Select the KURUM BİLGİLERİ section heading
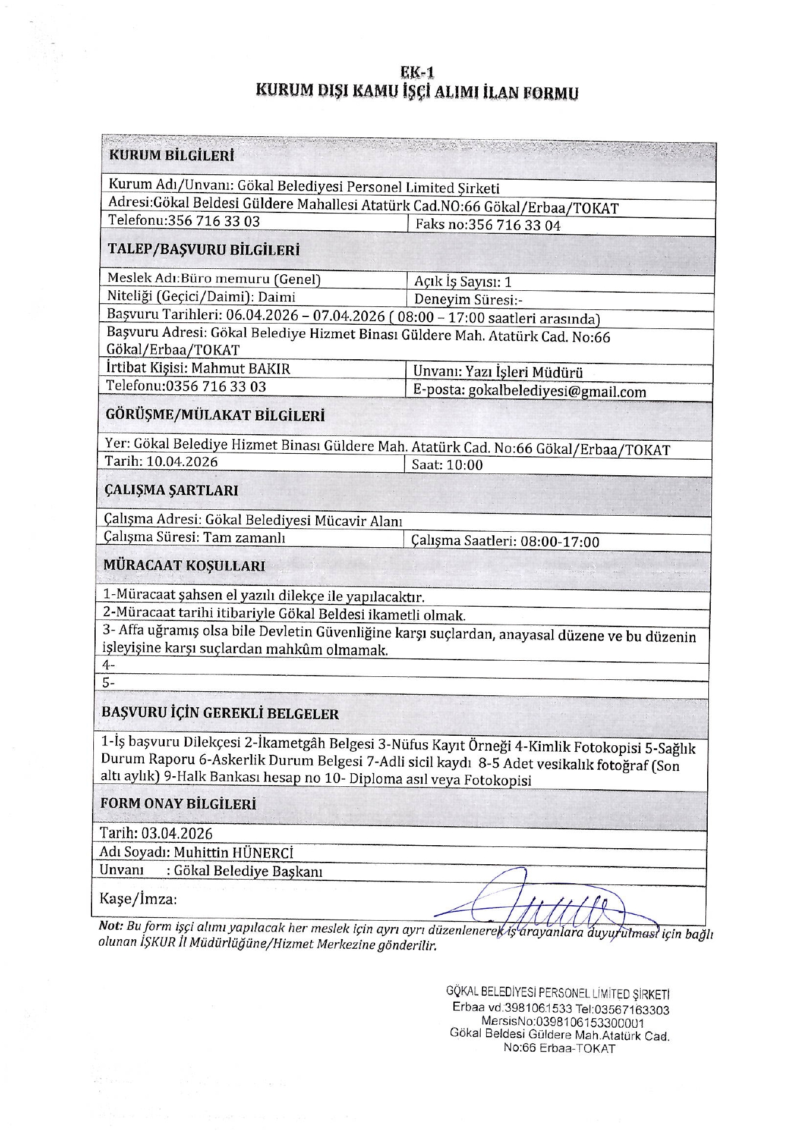(171, 156)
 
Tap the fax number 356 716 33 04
(515, 225)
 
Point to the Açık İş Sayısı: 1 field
(462, 282)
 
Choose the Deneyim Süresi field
(468, 300)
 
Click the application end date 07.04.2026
(351, 316)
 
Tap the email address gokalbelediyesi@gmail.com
(557, 391)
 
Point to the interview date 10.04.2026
(182, 462)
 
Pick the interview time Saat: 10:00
(447, 465)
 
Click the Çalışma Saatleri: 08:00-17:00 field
(505, 541)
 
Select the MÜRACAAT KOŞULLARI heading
(184, 566)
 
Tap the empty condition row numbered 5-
(108, 683)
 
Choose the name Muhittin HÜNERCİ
(234, 853)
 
